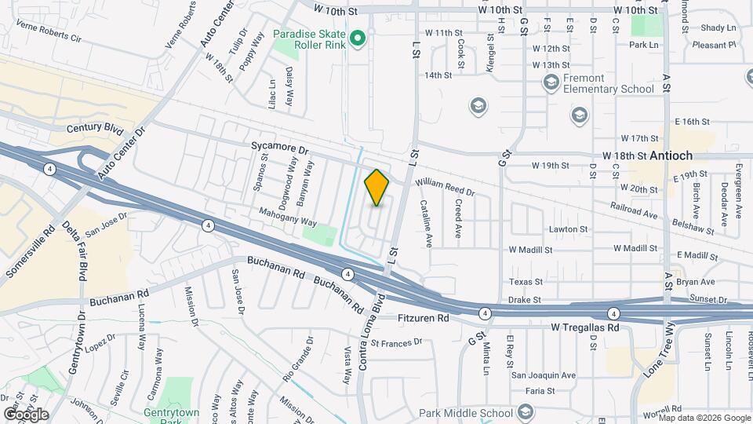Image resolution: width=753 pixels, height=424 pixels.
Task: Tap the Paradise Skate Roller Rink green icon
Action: (358, 38)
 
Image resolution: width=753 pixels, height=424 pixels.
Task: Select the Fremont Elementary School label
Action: (609, 83)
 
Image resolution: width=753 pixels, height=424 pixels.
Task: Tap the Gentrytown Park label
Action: (172, 417)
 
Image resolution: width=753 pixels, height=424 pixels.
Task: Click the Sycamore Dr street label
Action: (281, 147)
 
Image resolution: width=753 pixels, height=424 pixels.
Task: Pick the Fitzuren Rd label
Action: (423, 319)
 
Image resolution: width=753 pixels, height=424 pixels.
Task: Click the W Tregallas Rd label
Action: (585, 327)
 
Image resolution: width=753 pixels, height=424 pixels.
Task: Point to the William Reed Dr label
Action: (446, 186)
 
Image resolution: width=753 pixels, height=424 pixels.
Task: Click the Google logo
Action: (26, 414)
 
